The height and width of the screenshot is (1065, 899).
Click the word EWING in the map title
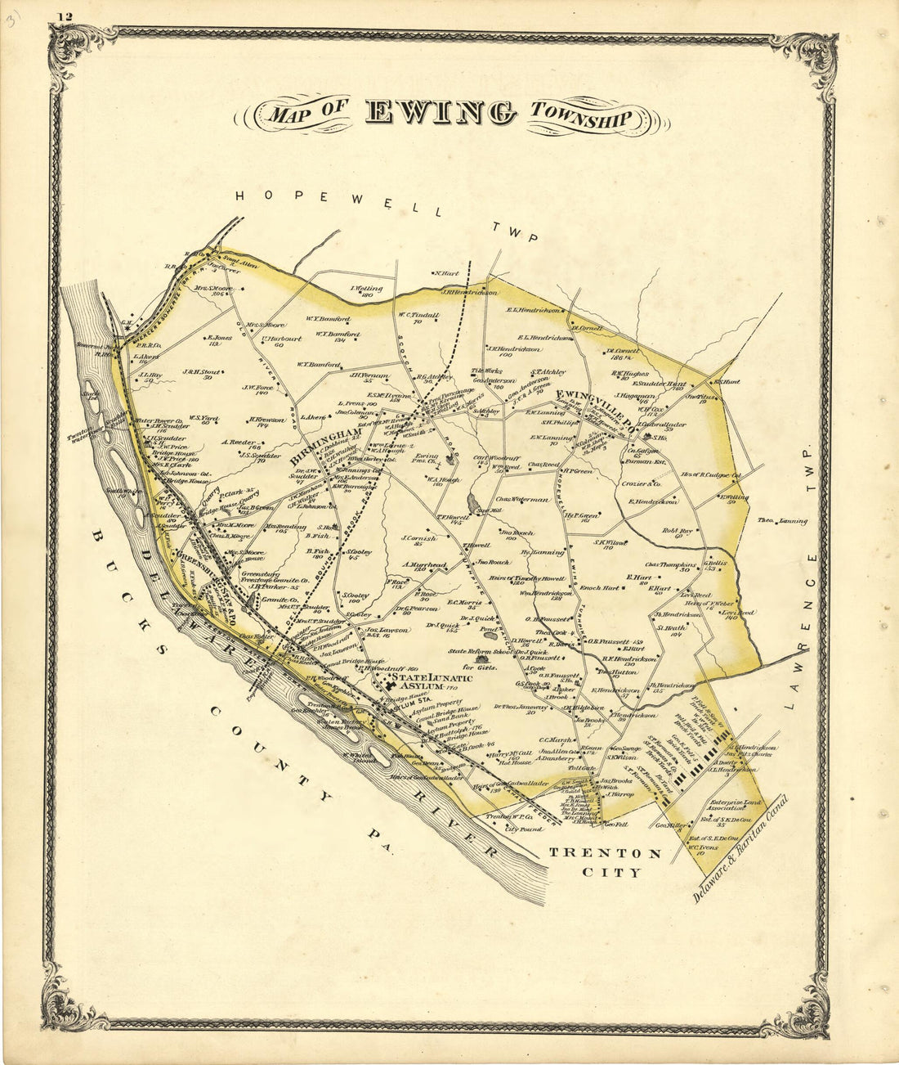tap(441, 113)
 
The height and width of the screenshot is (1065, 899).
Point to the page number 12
tap(65, 16)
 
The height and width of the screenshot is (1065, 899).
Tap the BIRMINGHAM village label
tap(324, 445)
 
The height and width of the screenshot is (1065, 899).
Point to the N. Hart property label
tap(448, 274)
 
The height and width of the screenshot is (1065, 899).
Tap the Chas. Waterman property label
tap(521, 499)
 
